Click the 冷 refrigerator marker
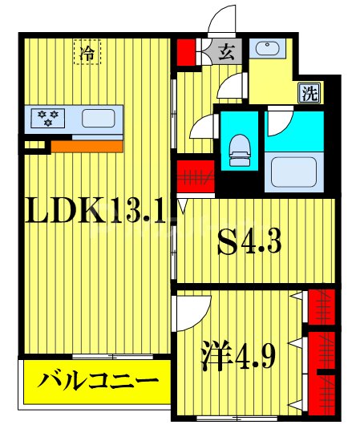pos(87,53)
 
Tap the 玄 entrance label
pos(227,53)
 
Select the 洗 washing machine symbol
pos(309,92)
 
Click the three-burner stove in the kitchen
pos(47,119)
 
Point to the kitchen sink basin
pos(98,119)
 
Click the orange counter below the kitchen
pos(87,146)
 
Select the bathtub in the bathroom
pos(294,171)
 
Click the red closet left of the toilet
pos(193,174)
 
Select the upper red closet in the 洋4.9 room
pos(322,305)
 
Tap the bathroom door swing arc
pos(283,123)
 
